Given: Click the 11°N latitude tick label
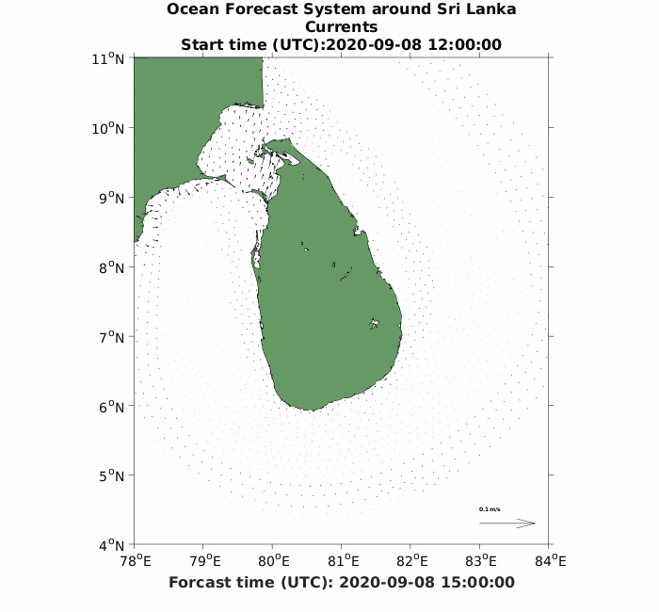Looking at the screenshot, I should [111, 58].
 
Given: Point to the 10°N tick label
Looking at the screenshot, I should [111, 128].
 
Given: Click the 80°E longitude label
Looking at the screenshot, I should [274, 562].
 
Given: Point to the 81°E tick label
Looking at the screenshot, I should [344, 562].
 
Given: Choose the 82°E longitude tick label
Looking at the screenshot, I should [412, 562].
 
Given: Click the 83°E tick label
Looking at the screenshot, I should [482, 562].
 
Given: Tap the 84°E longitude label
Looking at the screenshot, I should [551, 562].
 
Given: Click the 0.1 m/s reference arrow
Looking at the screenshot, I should [507, 523].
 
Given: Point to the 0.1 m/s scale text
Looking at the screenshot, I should [490, 509].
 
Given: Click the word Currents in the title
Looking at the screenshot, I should [341, 27].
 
